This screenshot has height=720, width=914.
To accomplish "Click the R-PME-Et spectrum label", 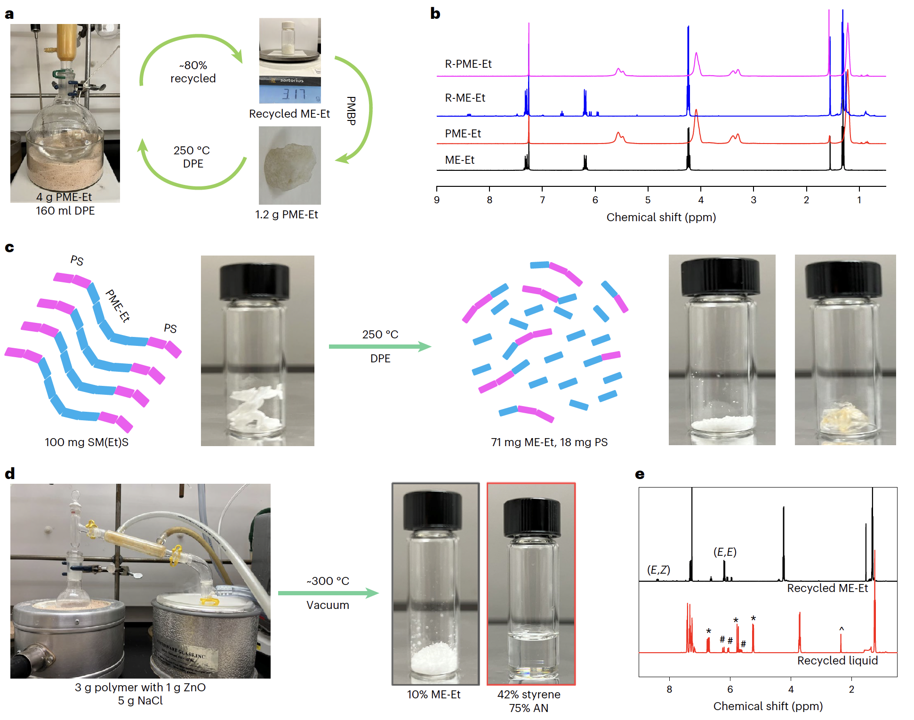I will [x=468, y=64].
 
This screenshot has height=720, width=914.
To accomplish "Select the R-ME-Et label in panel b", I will [x=465, y=98].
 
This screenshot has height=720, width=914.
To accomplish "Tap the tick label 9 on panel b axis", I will [x=437, y=200].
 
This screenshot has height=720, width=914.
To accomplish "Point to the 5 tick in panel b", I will [x=648, y=200].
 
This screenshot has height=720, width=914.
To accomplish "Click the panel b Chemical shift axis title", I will [x=661, y=217].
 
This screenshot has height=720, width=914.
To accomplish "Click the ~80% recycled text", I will [x=193, y=72].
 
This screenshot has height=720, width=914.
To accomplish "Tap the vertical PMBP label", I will [x=351, y=111].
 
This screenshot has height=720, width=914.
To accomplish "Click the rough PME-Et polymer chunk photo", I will [x=289, y=165].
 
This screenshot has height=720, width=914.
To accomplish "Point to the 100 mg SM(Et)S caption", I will [x=87, y=442].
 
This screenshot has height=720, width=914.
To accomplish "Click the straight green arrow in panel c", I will [x=379, y=347].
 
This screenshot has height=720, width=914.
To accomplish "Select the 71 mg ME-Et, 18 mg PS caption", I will [x=549, y=442].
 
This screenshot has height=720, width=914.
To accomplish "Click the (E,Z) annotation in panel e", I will [x=658, y=570].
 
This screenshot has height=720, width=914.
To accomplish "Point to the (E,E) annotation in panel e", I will [x=725, y=552].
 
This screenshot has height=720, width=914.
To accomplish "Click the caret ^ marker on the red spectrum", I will [x=842, y=629].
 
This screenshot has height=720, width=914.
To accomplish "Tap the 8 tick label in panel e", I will [x=669, y=689].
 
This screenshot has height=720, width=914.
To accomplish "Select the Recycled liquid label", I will [x=837, y=661].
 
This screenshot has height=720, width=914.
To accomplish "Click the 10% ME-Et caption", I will [x=433, y=695].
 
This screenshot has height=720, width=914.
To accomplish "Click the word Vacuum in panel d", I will [x=328, y=605].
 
